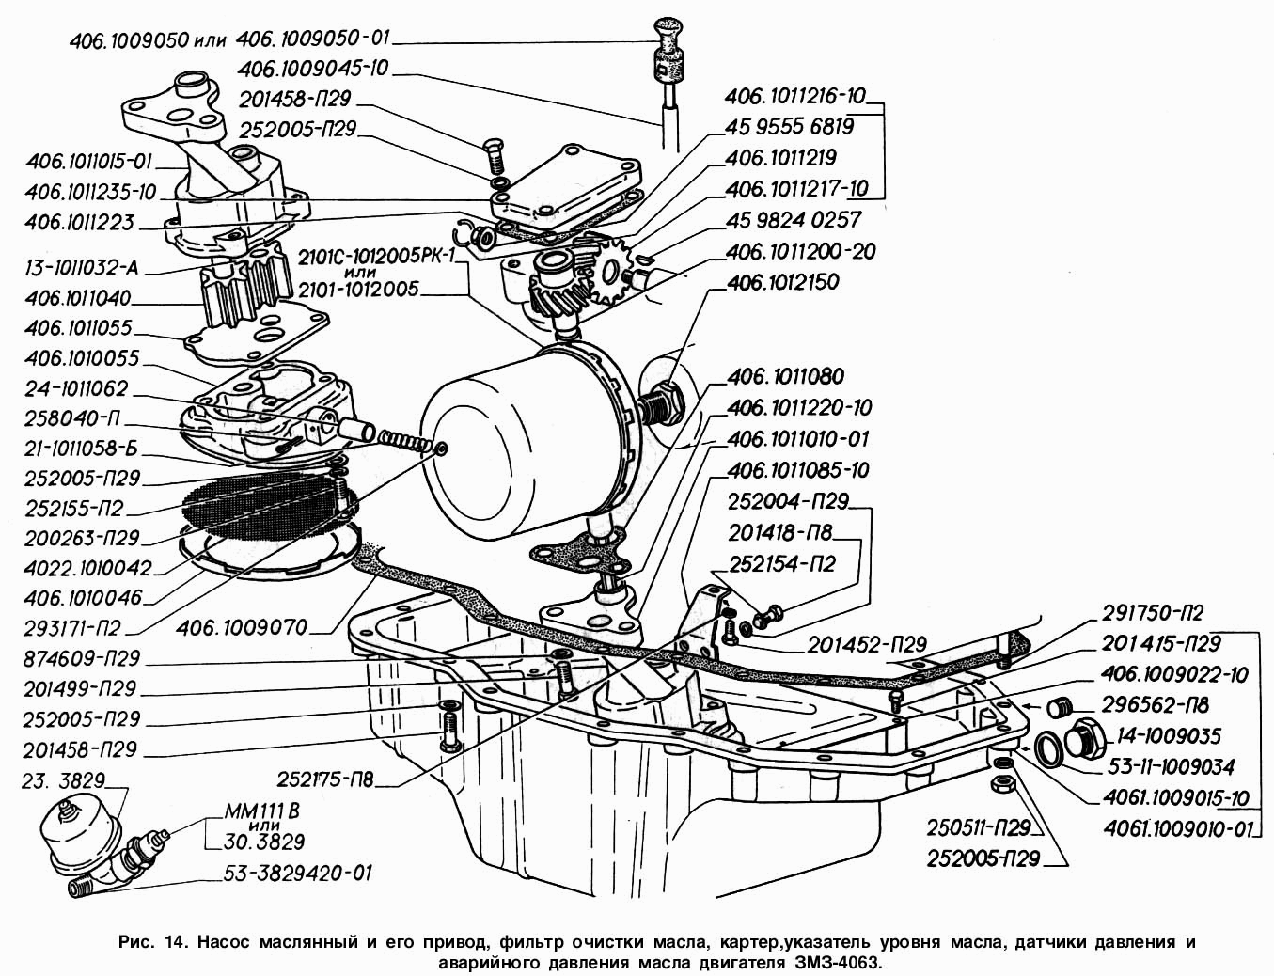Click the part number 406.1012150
783,282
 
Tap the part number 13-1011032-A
82,269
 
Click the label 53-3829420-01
300,874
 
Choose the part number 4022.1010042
90,568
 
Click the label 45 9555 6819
789,126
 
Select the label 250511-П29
979,829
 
